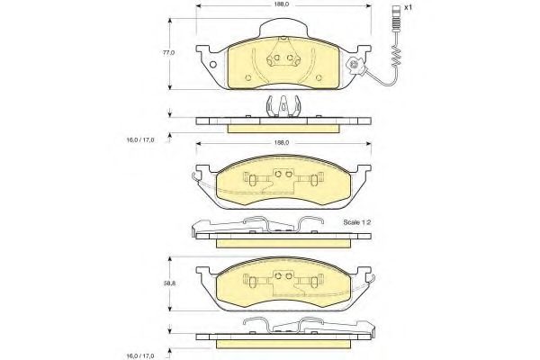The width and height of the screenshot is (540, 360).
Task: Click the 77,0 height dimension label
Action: tap(169, 53)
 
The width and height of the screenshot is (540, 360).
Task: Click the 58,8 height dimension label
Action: tap(169, 283)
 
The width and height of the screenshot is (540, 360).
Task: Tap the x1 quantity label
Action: tap(408, 7)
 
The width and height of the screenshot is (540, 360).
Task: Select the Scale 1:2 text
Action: tap(356, 222)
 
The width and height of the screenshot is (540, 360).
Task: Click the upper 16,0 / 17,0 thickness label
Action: tap(140, 139)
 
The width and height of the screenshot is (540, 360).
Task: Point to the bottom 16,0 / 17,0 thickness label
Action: tap(140, 355)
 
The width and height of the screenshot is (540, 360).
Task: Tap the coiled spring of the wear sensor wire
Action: tap(396, 56)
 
